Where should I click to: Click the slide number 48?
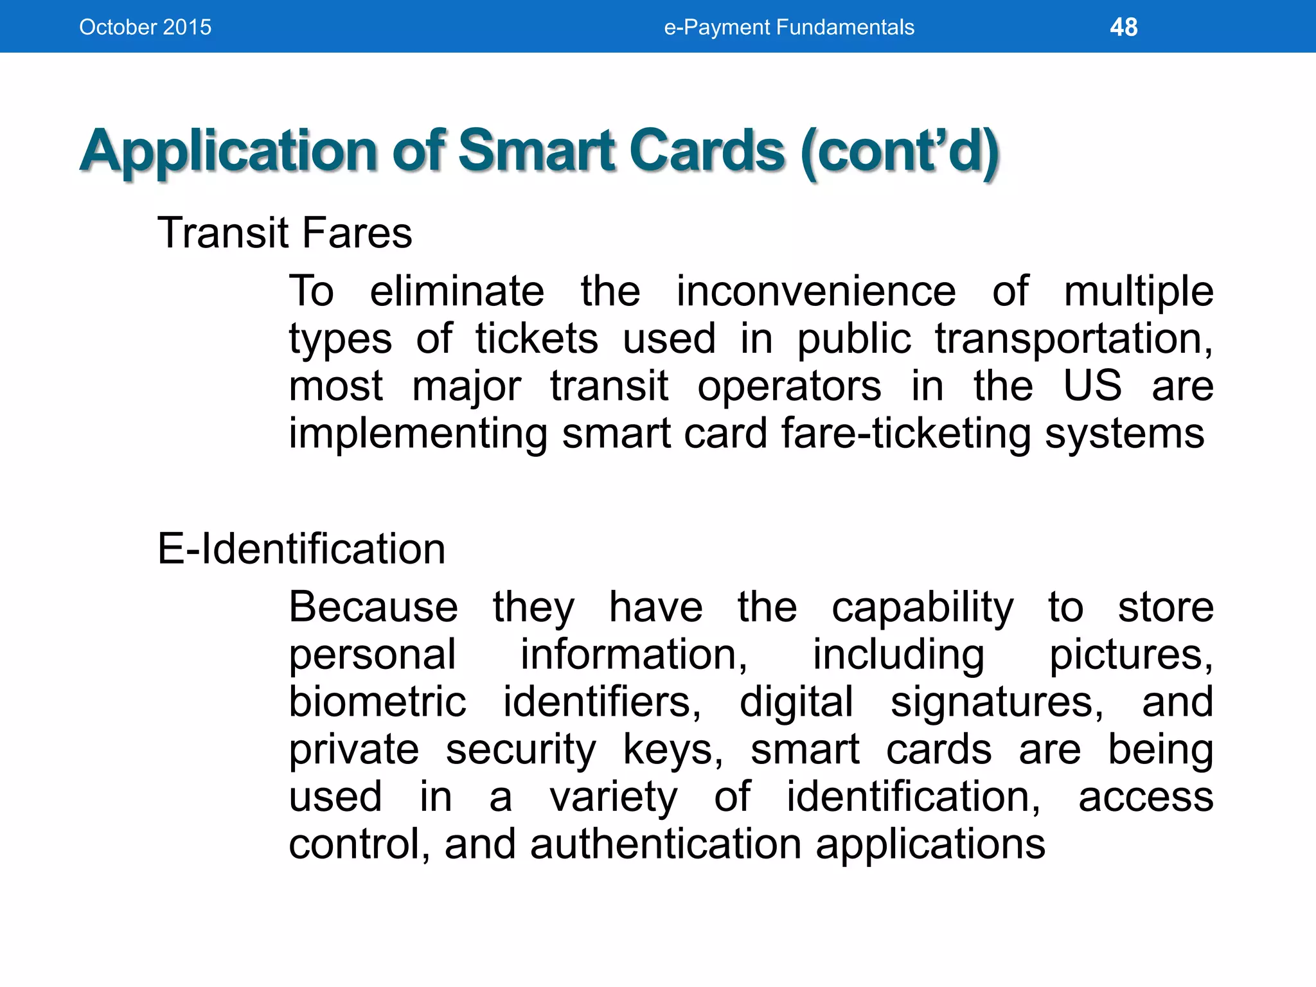1123,28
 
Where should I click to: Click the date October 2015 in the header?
145,28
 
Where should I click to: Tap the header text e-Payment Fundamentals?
788,28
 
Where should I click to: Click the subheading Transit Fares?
285,233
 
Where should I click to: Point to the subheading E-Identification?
301,549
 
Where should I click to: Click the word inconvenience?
815,292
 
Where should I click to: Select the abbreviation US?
1092,386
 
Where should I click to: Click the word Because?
373,607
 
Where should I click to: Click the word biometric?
377,702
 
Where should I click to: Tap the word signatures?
997,703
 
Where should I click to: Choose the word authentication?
666,844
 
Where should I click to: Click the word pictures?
1130,655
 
